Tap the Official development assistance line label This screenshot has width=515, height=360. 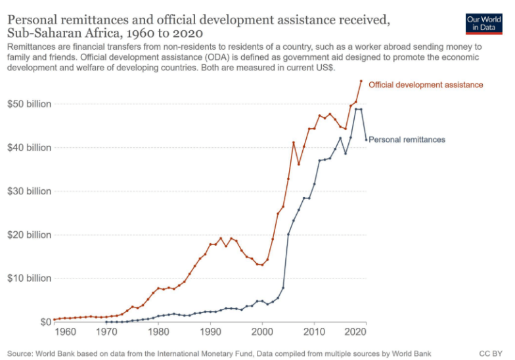coord(426,85)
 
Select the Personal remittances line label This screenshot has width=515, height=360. coord(407,139)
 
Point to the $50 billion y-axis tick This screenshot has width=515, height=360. coord(30,104)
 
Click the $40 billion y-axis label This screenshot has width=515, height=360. coord(30,148)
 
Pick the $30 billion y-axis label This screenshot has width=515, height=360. coord(30,191)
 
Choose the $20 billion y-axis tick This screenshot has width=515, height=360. coord(30,235)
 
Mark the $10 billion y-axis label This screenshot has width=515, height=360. coord(30,278)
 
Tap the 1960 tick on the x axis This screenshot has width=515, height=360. coord(65,332)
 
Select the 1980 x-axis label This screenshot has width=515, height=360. coord(158,332)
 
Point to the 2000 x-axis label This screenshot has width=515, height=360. coord(262,332)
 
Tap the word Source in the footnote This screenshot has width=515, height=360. coord(23,353)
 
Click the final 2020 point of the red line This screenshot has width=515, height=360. coord(361,81)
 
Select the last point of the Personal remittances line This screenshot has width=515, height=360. coord(366,139)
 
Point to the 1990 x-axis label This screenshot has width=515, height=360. coord(210,332)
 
